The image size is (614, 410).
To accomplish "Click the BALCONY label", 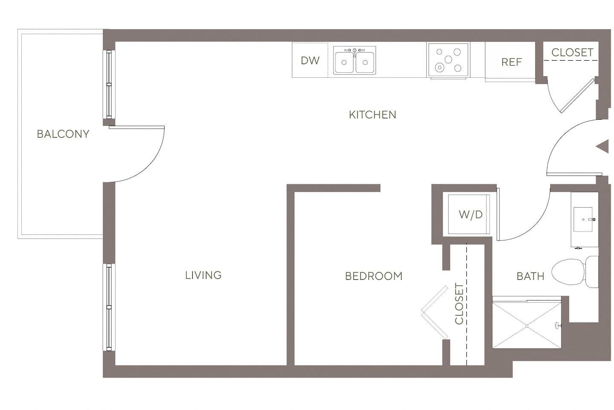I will tap(63, 134).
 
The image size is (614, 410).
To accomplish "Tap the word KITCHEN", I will tap(372, 115).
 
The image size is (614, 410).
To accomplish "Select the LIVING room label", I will tap(203, 275).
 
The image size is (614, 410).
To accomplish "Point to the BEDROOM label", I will tap(374, 276).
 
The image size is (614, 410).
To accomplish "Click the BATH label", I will tap(530, 276).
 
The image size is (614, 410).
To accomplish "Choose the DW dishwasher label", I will tap(310, 61).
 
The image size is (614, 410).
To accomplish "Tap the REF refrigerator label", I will tap(511, 62).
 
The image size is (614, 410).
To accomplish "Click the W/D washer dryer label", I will tap(470, 214).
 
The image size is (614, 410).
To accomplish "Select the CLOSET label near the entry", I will tap(572, 53).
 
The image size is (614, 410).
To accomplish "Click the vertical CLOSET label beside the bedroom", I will tap(459, 304).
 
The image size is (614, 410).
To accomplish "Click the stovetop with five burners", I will tap(448, 60).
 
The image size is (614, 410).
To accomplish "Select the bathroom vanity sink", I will tap(583, 219).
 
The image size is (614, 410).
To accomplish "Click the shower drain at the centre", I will tap(527, 326).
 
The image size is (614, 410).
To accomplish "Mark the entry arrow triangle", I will tap(602, 146).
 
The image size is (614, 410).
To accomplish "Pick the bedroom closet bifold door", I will tap(434, 312).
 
